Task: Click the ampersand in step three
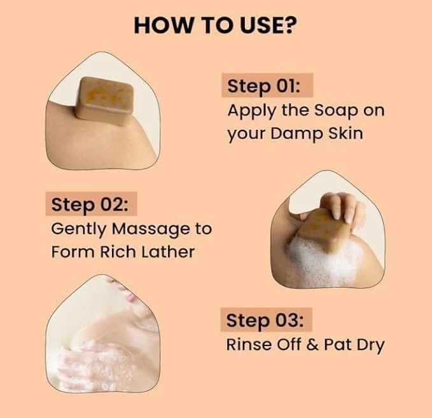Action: pyautogui.click(x=315, y=345)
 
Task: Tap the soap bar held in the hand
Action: pyautogui.click(x=325, y=227)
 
